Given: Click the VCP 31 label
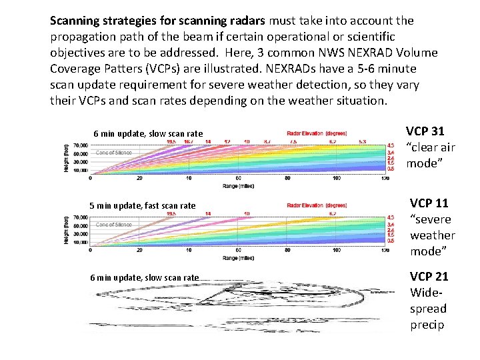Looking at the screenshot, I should coord(425,131).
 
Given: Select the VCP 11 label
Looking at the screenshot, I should coord(429,203).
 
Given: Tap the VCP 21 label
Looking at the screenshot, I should coord(429,276).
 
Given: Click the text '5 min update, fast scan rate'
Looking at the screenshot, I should coord(143,205).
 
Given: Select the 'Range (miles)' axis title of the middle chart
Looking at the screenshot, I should coord(239,257).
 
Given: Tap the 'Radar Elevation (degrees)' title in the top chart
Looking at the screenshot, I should coord(317,133).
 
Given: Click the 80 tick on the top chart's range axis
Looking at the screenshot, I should coord(287,178).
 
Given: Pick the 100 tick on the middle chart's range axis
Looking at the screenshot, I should coord(337,251).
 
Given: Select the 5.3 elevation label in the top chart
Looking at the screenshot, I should coord(361,141).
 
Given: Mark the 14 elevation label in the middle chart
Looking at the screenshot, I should coord(208,213).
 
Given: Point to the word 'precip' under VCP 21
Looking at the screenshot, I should coord(427,325).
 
